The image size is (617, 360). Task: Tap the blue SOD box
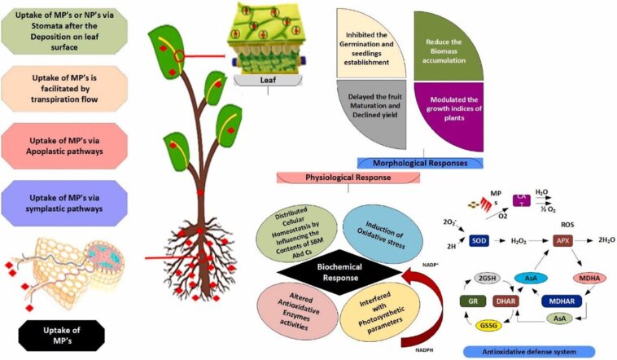pos(479,240)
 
